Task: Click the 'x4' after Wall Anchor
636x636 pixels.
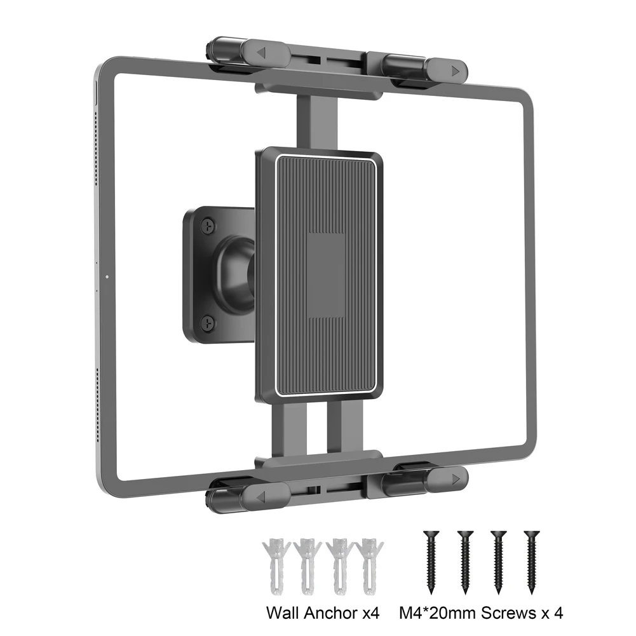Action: tap(370, 612)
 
